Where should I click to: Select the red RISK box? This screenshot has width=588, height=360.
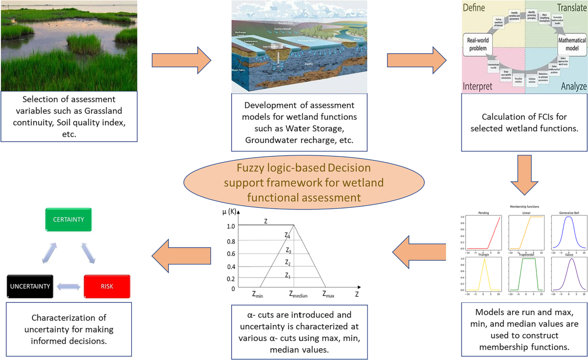107,287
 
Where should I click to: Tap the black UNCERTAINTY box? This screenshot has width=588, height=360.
30,287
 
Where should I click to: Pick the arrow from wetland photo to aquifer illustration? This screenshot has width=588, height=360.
181,60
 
